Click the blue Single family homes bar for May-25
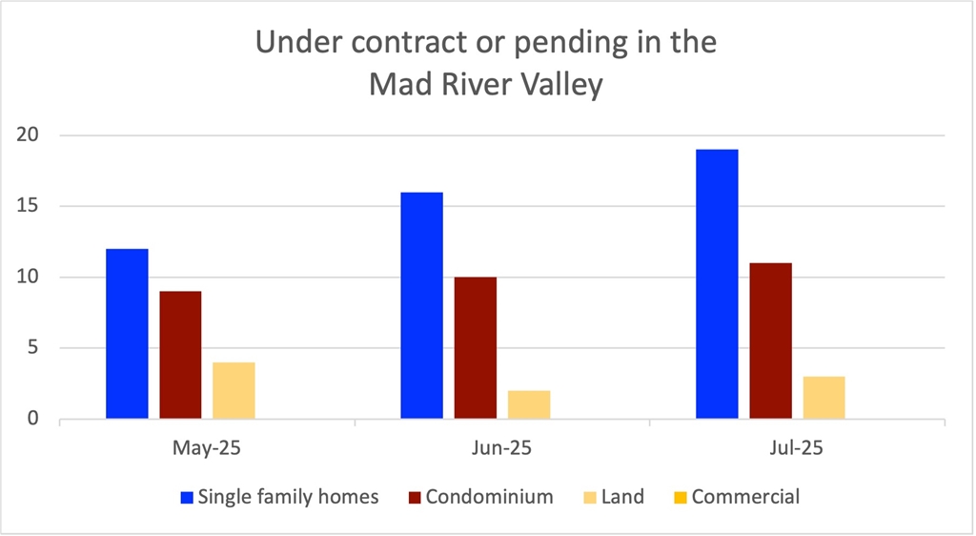pyautogui.click(x=127, y=334)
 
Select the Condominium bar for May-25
pyautogui.click(x=180, y=355)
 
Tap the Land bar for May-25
pyautogui.click(x=234, y=390)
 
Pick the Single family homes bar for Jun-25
pyautogui.click(x=421, y=305)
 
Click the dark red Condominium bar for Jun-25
pyautogui.click(x=475, y=348)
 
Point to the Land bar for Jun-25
pyautogui.click(x=528, y=404)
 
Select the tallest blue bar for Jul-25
pyautogui.click(x=717, y=284)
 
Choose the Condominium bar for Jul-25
pyautogui.click(x=770, y=340)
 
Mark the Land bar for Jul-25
pyautogui.click(x=823, y=398)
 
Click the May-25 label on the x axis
pyautogui.click(x=207, y=446)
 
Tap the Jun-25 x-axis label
pyautogui.click(x=501, y=446)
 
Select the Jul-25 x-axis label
pyautogui.click(x=797, y=446)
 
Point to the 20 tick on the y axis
pyautogui.click(x=31, y=135)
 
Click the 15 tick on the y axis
pyautogui.click(x=31, y=206)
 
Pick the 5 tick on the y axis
pyautogui.click(x=36, y=348)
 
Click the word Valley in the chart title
pyautogui.click(x=559, y=86)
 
